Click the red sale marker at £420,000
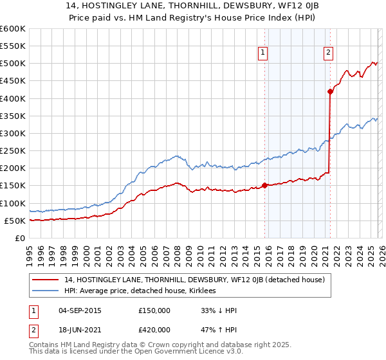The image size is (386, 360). pyautogui.click(x=330, y=91)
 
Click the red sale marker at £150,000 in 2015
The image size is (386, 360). pyautogui.click(x=264, y=186)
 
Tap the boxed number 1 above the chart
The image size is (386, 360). pyautogui.click(x=264, y=53)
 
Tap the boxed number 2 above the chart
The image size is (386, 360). pyautogui.click(x=329, y=53)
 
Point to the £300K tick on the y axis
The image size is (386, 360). pyautogui.click(x=13, y=133)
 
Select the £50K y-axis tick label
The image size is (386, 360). pyautogui.click(x=15, y=221)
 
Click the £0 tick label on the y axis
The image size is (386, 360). pyautogui.click(x=19, y=238)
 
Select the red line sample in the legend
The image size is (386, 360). pyautogui.click(x=46, y=280)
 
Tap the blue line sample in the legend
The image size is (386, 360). pyautogui.click(x=46, y=291)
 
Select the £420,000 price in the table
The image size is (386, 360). pyautogui.click(x=154, y=332)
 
